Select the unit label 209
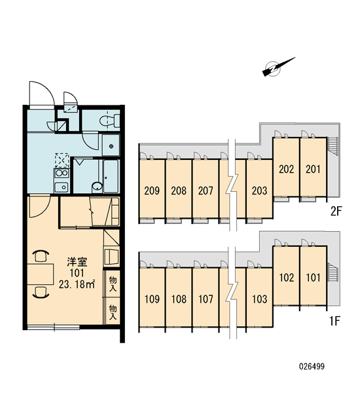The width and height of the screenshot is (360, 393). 152,191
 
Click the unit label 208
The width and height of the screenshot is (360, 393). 179,191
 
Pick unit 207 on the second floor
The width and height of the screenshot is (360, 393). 206,191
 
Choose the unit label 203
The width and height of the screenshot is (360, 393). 260,191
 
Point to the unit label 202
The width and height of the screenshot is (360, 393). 286,169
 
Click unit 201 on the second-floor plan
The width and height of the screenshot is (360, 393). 313,169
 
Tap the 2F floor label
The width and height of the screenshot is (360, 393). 336,212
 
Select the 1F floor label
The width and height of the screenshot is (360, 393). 335,320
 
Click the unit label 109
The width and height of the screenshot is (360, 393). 152,299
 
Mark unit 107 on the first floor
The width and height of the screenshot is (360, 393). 206,299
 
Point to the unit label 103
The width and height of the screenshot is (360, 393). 260,299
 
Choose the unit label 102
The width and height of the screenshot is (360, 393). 286,278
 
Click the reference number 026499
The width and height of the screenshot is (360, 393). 312,366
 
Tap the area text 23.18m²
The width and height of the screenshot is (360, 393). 77,284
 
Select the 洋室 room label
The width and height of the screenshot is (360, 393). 77,262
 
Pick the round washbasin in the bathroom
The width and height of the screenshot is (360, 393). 98,187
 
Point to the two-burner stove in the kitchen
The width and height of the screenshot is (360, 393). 61,173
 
